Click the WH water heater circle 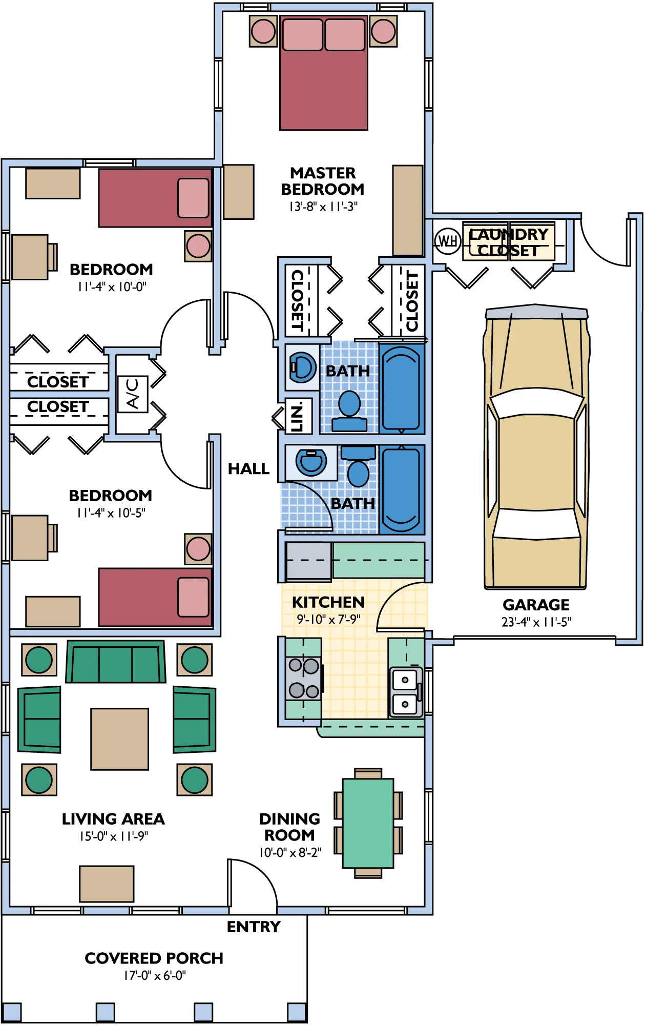448,240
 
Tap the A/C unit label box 133,394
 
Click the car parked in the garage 536,447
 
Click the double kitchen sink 406,692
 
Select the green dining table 368,823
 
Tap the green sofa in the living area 116,661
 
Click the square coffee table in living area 120,739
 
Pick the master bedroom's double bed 324,72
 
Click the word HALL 248,468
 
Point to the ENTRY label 254,927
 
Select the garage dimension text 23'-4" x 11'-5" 536,622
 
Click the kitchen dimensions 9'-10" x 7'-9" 328,619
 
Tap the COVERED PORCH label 154,958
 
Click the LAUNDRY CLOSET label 509,242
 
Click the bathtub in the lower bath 402,489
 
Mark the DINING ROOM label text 289,827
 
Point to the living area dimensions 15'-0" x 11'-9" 114,836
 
